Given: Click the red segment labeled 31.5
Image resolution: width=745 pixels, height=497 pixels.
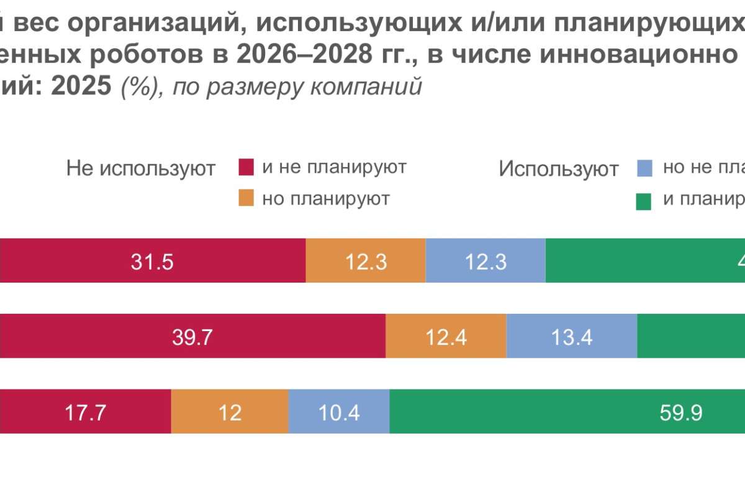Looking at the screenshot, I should tap(152, 261).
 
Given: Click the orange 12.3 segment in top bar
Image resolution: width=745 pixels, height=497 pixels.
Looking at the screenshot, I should tap(366, 261).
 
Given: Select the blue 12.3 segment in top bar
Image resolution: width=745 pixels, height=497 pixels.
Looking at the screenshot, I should tap(485, 261).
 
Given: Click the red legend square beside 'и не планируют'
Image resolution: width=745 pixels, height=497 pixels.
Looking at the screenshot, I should tap(246, 168).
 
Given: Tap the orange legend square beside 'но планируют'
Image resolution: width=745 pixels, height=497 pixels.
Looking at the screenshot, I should tap(246, 198).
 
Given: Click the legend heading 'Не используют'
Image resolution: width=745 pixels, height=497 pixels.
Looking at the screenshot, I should tap(141, 168).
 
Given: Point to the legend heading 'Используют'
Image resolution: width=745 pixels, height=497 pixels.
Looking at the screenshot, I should tap(559, 169).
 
